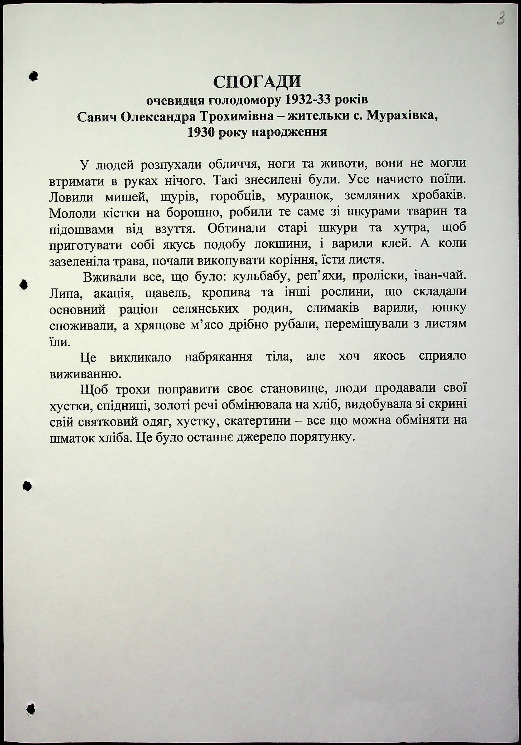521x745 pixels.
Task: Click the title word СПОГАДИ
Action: coord(257,82)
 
